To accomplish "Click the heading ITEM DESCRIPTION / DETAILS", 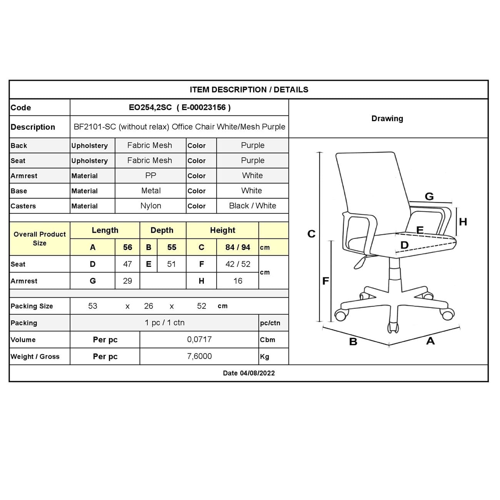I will (249, 90).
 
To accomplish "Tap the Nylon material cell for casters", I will (150, 206).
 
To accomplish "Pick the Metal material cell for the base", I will (150, 191).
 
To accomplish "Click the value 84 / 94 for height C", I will (237, 247).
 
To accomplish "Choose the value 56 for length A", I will (127, 247).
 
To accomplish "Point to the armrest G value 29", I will (127, 281).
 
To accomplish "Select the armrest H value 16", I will (237, 281).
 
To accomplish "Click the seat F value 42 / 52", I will (237, 264).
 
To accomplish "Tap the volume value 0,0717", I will (199, 340).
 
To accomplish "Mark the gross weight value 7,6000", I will (199, 357).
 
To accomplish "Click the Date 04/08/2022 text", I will (249, 373).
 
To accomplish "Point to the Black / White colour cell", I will (252, 206).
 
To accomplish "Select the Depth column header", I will (162, 230).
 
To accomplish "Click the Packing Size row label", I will (32, 306).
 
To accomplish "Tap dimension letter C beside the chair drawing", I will (311, 234).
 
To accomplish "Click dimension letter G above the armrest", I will (429, 197).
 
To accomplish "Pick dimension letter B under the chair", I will (353, 342).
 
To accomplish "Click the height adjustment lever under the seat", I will (360, 263).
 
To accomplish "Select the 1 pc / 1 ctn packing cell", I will (165, 323).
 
